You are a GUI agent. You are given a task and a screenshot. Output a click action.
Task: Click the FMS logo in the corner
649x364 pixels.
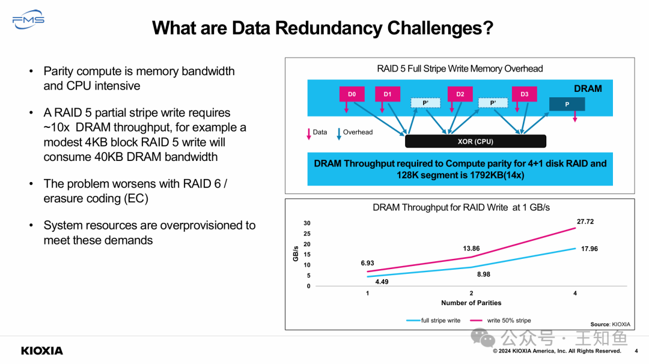[x=28, y=19]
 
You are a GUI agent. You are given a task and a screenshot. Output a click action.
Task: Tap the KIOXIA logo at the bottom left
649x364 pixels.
[x=42, y=350]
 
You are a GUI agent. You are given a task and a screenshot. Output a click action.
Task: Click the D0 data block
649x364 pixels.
[x=352, y=94]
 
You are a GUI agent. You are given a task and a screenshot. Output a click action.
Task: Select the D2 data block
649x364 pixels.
[x=460, y=94]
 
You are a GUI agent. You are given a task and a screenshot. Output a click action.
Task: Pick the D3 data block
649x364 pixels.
[x=524, y=94]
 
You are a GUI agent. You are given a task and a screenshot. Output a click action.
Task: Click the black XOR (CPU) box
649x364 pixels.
[x=475, y=141]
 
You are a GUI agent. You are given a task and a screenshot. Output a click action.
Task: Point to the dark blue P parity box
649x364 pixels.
[x=567, y=104]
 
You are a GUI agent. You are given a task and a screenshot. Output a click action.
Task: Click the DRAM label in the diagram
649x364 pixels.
[x=587, y=89]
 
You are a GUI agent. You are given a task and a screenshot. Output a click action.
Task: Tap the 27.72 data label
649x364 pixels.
[x=585, y=222]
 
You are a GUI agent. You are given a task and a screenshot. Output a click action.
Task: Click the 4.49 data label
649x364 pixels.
[x=382, y=282]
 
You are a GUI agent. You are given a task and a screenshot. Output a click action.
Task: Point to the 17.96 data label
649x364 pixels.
[x=589, y=249]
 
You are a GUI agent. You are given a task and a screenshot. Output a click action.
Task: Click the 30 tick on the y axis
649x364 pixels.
[x=307, y=223]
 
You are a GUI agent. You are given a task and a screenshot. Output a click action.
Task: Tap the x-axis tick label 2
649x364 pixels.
[x=471, y=293]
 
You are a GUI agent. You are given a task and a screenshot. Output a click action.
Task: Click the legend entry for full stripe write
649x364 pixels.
[x=433, y=321]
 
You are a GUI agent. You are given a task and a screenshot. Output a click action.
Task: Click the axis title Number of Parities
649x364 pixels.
[x=471, y=303]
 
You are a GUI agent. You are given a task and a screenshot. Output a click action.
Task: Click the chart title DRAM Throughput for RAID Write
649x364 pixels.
[x=461, y=207]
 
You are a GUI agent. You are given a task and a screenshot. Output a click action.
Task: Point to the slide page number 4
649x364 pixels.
[x=636, y=351]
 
